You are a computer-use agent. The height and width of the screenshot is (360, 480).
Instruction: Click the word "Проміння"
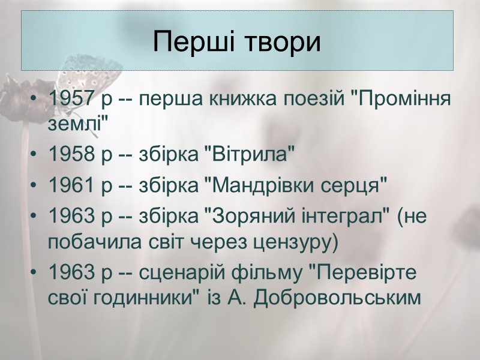tap(400, 99)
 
